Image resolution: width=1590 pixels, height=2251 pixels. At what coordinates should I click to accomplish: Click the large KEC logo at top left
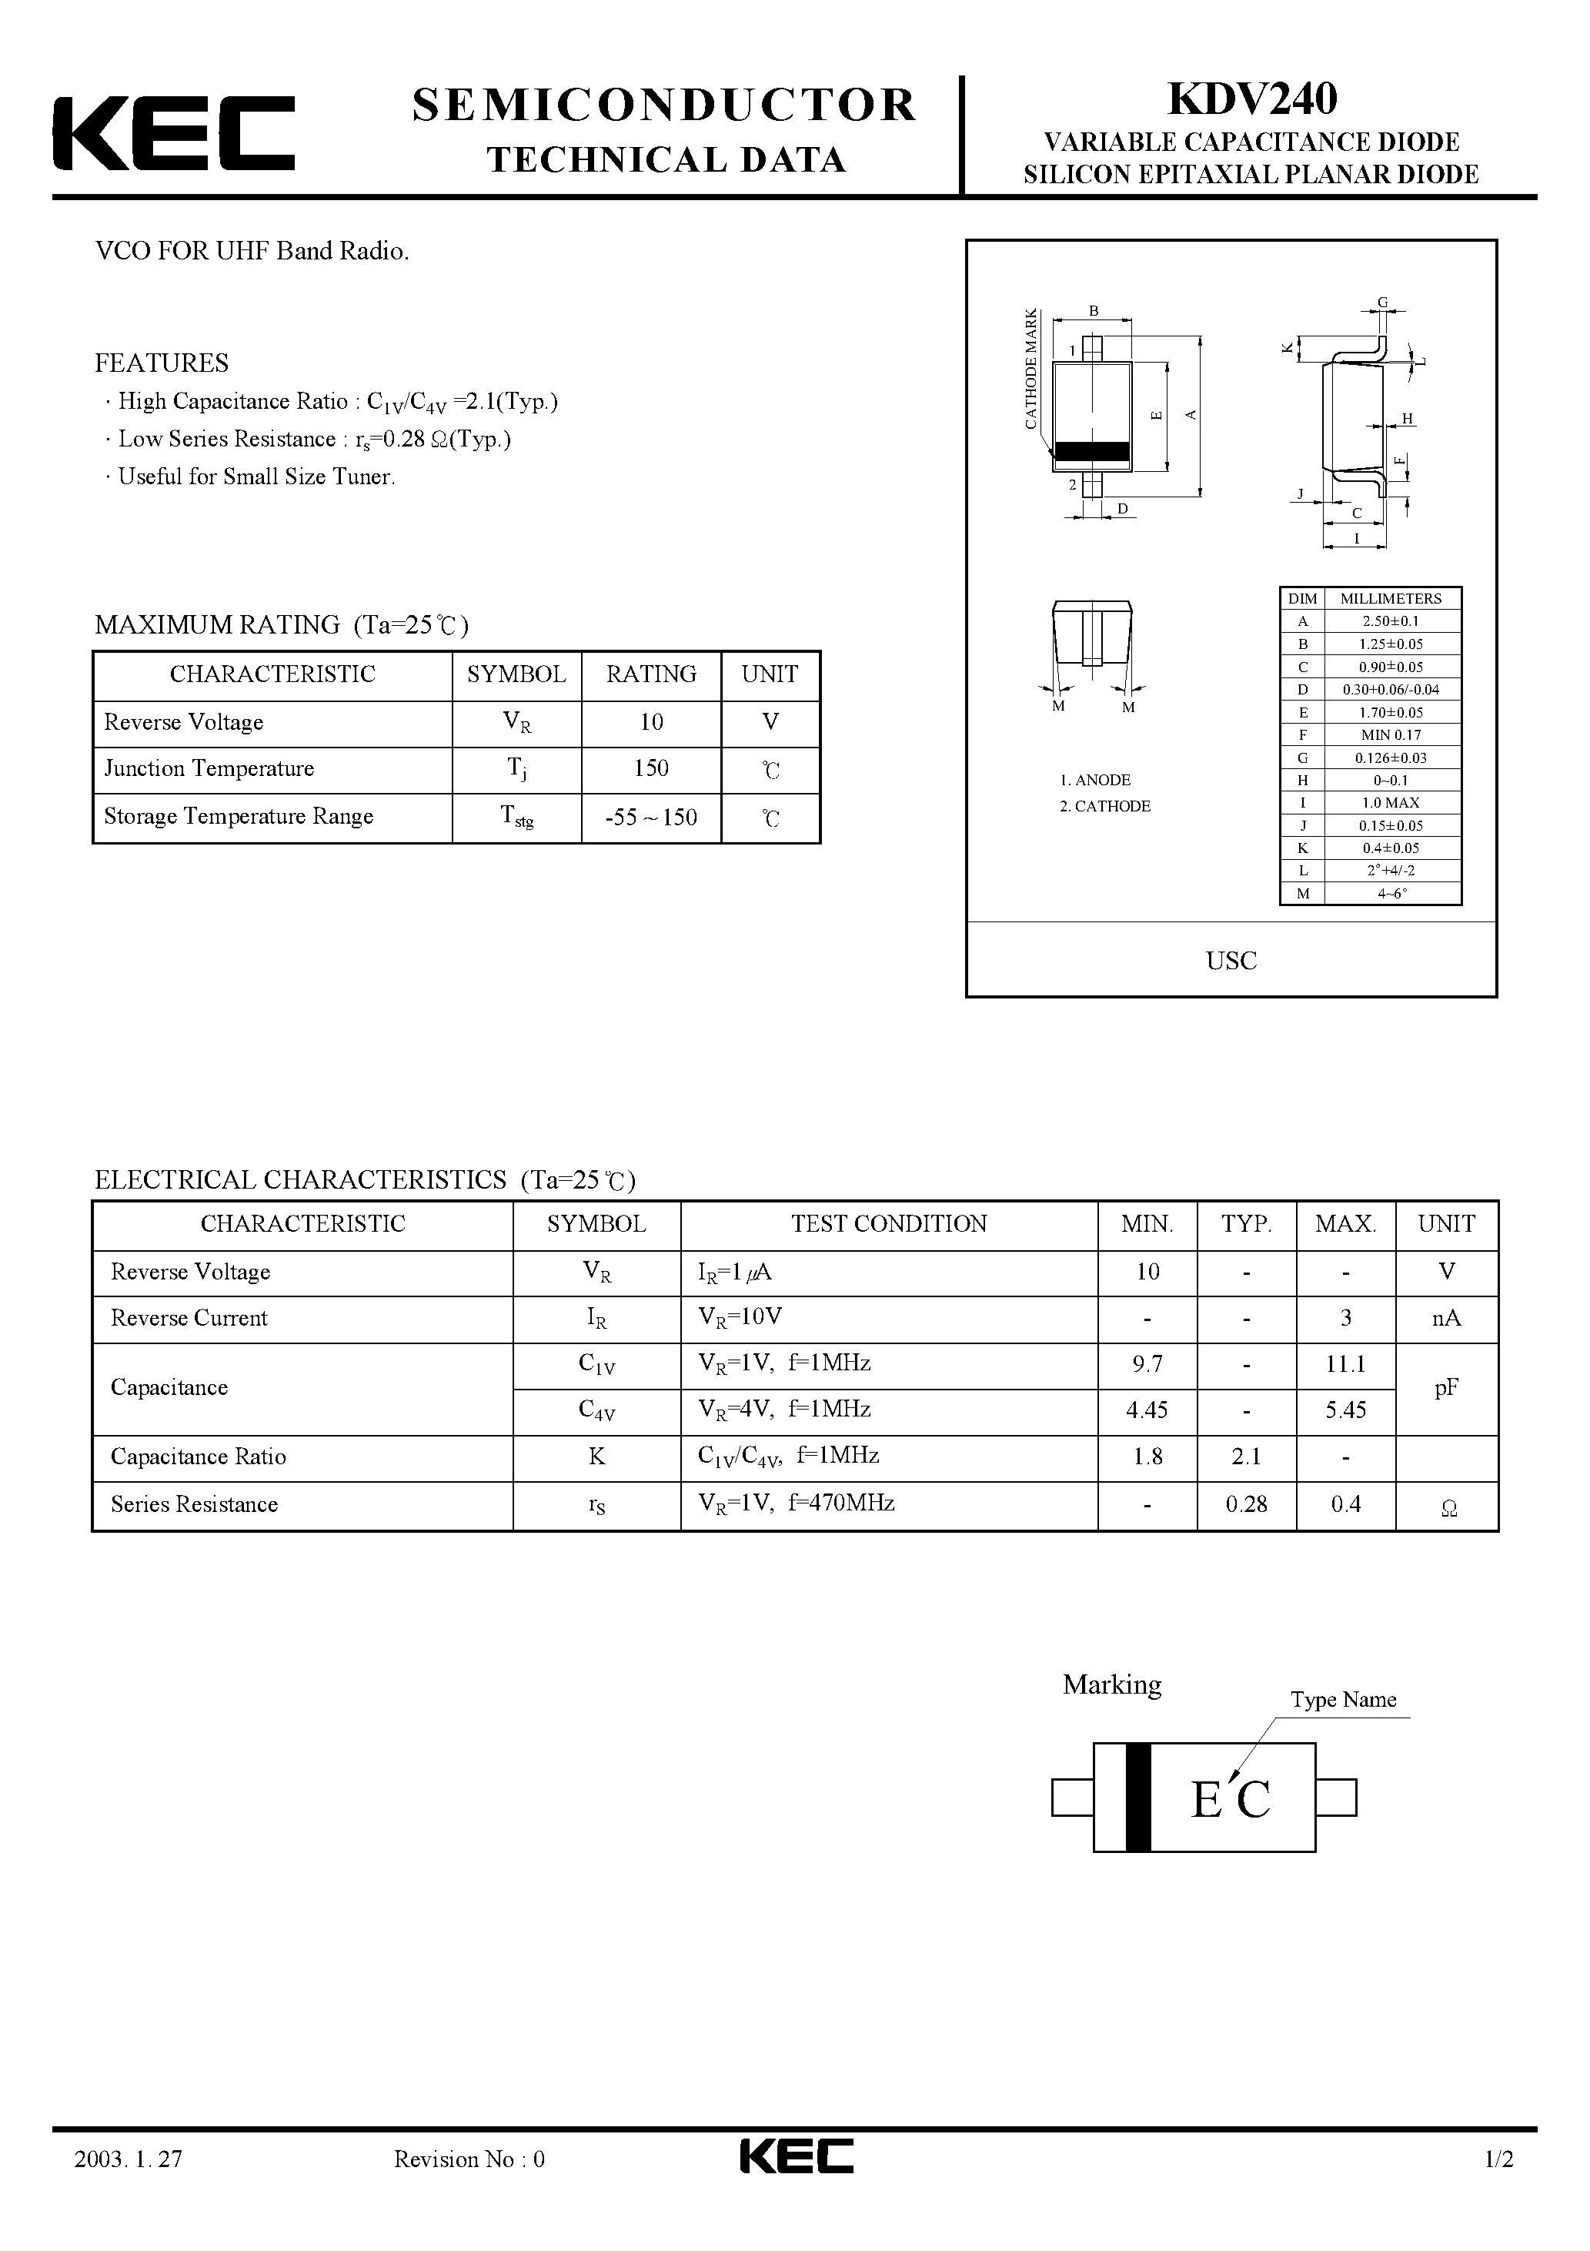[x=173, y=133]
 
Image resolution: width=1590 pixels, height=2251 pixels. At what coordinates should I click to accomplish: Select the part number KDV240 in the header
[x=1252, y=99]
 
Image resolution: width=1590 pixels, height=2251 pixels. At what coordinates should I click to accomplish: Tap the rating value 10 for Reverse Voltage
[x=651, y=723]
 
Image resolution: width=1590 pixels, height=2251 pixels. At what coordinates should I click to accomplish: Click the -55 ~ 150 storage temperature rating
[x=651, y=817]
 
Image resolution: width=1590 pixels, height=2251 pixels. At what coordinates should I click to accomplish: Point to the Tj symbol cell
[x=516, y=770]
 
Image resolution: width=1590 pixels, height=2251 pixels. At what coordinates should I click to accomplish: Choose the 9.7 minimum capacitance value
[x=1147, y=1363]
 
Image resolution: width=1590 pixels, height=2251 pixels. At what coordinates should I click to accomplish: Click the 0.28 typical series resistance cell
[x=1246, y=1504]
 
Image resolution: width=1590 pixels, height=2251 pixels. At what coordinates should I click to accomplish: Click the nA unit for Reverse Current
[x=1446, y=1318]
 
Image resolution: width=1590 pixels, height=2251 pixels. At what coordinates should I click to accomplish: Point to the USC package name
[x=1231, y=961]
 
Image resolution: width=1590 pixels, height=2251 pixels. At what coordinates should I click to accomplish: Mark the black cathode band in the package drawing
[x=1092, y=451]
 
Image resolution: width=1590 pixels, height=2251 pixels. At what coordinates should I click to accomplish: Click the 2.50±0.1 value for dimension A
[x=1390, y=620]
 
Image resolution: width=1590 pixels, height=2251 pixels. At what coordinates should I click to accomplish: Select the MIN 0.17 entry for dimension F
[x=1390, y=734]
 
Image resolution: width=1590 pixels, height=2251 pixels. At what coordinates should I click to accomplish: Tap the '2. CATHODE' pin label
[x=1105, y=806]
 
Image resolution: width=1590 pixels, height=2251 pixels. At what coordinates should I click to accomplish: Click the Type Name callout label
[x=1343, y=1699]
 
